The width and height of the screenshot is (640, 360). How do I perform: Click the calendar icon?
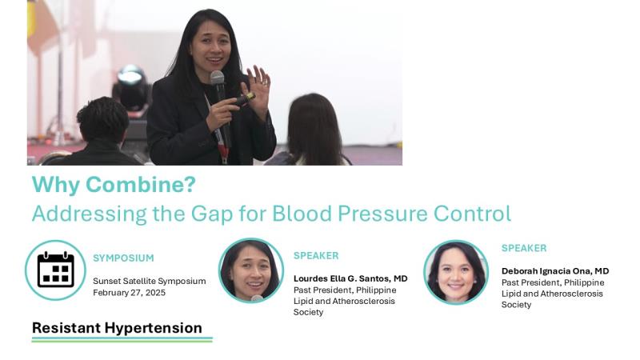pos(55,270)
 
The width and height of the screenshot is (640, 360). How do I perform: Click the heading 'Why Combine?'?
pos(114,185)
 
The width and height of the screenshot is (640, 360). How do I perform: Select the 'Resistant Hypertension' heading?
pos(117,328)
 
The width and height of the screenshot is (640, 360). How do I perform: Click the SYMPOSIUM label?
pos(123,258)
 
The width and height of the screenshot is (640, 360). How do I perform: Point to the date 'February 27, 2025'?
pos(129,293)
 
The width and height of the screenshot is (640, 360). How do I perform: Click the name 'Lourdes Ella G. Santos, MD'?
pos(350,278)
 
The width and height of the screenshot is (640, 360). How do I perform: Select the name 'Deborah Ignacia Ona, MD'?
pos(555,271)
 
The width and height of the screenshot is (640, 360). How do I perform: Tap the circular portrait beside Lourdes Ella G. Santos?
pos(251,270)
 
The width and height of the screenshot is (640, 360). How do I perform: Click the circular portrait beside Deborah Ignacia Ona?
pos(456,272)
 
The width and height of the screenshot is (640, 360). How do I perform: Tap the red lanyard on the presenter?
pos(222,146)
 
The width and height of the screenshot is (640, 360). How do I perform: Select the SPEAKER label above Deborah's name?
pos(524,248)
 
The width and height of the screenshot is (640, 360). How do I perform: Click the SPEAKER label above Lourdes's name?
pos(316,256)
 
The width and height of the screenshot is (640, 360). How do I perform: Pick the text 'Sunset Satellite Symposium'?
pos(150,282)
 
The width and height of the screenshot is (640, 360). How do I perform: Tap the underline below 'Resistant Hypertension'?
pos(122,339)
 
